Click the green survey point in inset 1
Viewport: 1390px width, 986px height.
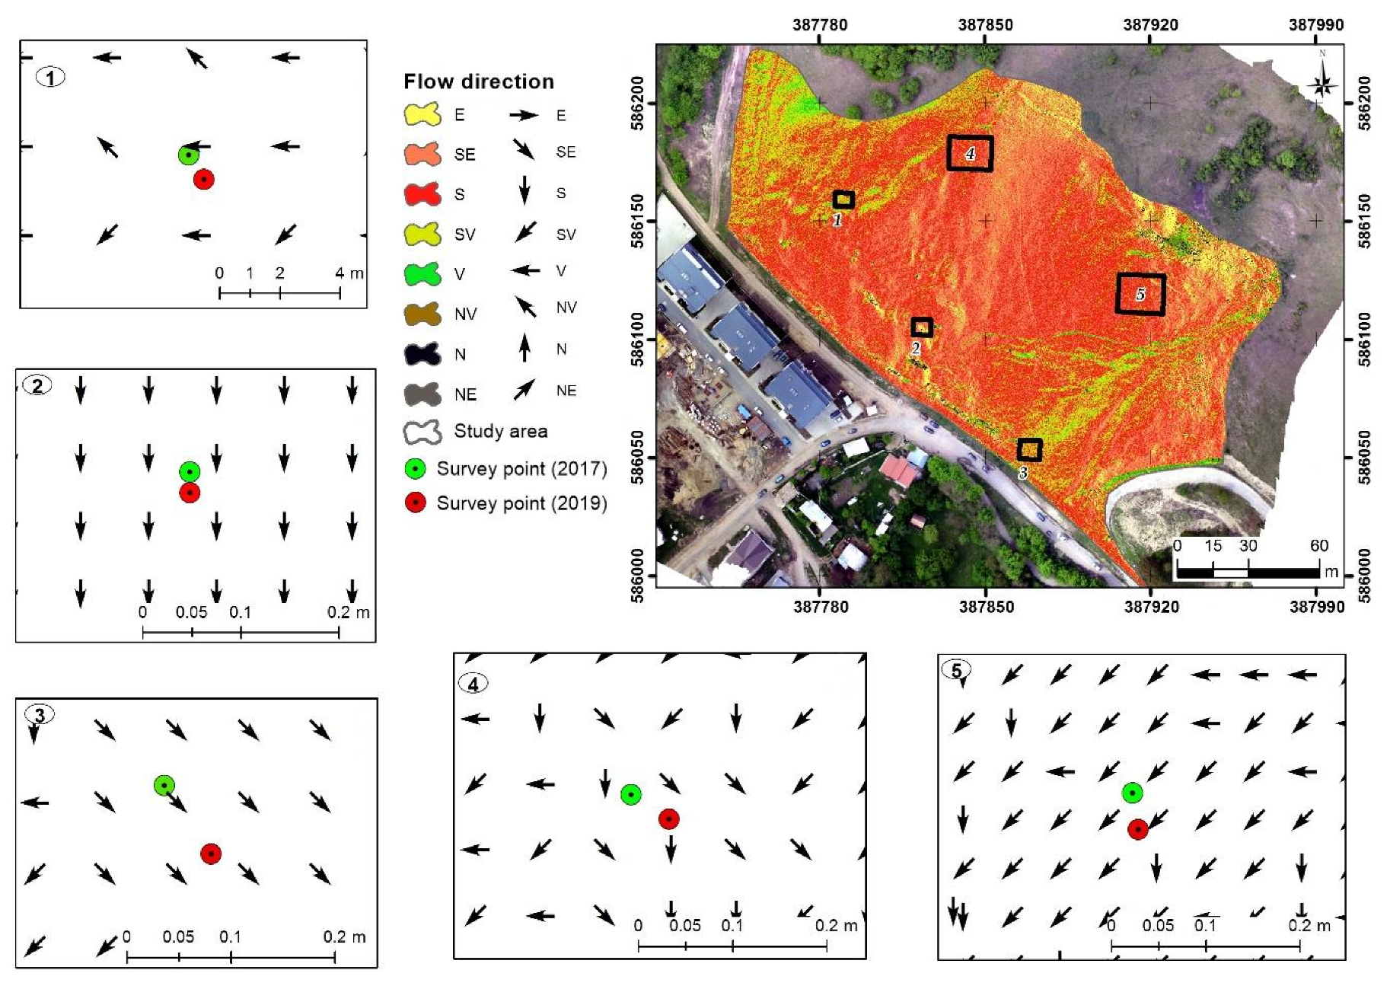[x=188, y=155]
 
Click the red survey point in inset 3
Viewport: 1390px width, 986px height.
[x=211, y=854]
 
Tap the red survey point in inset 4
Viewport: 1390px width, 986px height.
[x=668, y=818]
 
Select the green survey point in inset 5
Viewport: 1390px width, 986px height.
[x=1133, y=793]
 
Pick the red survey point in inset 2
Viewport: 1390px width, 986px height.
[x=190, y=493]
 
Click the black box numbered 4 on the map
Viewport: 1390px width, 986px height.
[x=970, y=153]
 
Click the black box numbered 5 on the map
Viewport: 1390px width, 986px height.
[x=1140, y=294]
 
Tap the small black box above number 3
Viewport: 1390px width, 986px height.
[x=1029, y=450]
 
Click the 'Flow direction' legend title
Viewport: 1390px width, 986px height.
[x=478, y=81]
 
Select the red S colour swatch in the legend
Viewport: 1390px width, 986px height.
[x=422, y=194]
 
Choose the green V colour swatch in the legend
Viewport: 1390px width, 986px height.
[x=422, y=274]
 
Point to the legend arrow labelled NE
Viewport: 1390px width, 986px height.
[x=524, y=391]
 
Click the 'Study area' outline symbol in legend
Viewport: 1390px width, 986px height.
[x=422, y=432]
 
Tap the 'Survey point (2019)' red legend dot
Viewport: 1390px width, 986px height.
[x=415, y=503]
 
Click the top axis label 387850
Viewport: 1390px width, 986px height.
[x=985, y=24]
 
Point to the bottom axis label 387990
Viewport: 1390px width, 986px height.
[x=1317, y=607]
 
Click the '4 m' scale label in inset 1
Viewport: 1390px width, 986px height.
[x=349, y=273]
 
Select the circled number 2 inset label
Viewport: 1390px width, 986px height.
[x=38, y=385]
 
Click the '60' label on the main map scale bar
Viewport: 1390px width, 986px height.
[x=1318, y=545]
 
